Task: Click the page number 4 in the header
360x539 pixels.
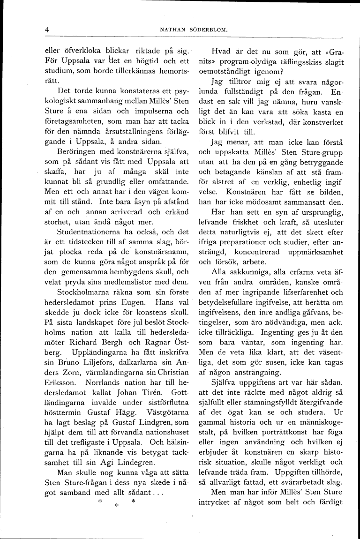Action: [x=47, y=30]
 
